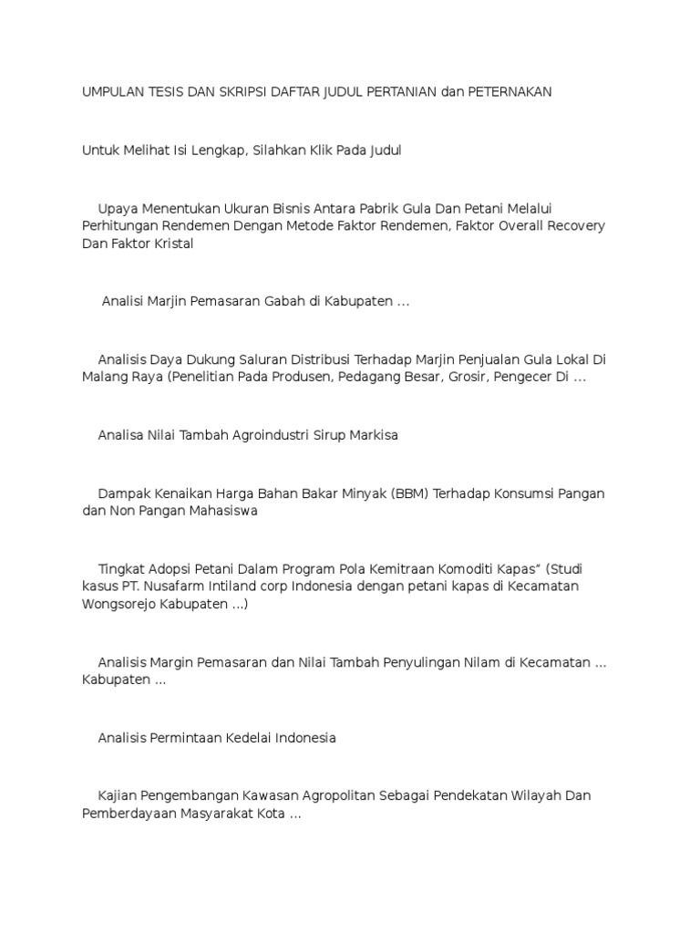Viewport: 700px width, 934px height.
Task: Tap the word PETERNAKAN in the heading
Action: pos(510,92)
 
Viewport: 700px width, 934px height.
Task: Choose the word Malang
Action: pos(104,377)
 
